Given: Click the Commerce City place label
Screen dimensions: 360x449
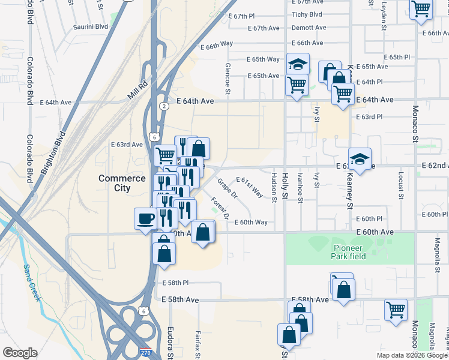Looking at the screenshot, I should tap(122, 183).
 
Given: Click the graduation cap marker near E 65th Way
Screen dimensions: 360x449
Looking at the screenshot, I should tap(297, 63).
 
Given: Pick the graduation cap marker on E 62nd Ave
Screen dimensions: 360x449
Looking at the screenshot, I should tap(360, 159).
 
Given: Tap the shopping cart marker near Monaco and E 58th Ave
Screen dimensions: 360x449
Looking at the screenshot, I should tap(396, 310).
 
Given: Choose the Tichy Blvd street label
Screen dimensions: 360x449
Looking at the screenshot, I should tap(307, 14).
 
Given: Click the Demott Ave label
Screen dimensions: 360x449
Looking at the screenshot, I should tap(309, 28).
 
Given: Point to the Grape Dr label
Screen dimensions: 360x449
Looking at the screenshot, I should tap(228, 188).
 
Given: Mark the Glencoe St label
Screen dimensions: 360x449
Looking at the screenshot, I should tap(228, 79).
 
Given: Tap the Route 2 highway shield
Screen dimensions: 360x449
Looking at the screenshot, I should tap(164, 106).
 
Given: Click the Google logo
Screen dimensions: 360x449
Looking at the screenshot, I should tap(20, 353).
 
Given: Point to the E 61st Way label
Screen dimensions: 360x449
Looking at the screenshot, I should tap(250, 187).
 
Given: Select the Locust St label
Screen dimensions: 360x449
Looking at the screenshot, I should tap(400, 186).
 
